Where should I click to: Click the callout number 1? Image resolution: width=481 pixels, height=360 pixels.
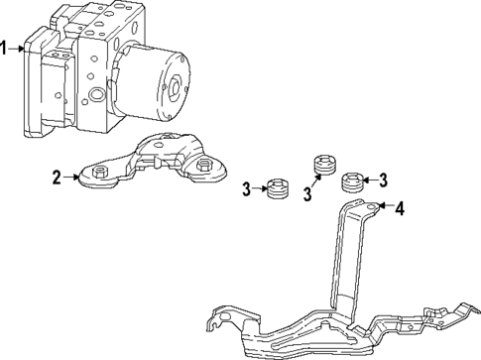(6, 47)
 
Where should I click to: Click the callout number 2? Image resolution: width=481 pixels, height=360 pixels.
(59, 178)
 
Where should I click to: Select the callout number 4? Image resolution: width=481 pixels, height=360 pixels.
(400, 209)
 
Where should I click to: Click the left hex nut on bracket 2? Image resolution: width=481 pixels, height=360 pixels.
(100, 175)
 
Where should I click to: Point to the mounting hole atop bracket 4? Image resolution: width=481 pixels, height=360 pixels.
(373, 206)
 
